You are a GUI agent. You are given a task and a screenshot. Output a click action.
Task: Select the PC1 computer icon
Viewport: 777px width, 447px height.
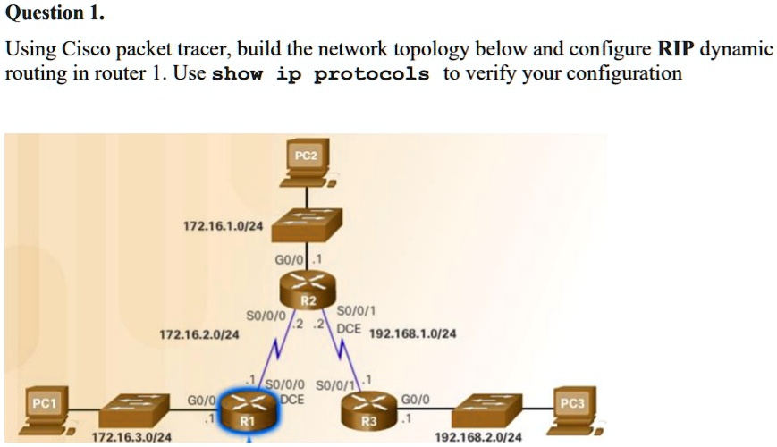pos(45,411)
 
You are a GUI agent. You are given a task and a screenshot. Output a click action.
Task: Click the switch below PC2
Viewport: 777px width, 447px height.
pos(306,223)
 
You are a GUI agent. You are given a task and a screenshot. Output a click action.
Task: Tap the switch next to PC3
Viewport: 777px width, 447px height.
pos(487,410)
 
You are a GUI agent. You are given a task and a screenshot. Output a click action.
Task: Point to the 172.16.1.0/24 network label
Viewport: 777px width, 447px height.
pos(223,226)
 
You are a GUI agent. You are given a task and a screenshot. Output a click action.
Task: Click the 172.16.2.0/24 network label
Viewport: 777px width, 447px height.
pos(198,334)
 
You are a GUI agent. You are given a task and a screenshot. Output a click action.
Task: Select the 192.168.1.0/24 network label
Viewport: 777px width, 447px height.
pos(412,333)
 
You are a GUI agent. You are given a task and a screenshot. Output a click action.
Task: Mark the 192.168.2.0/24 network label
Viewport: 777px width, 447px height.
pos(478,437)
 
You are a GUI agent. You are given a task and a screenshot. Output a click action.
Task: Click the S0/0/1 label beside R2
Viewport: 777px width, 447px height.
pos(358,311)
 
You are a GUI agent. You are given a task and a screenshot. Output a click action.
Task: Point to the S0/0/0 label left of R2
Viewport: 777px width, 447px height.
pos(266,316)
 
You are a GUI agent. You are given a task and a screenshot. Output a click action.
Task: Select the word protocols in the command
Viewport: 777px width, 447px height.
pos(371,74)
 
